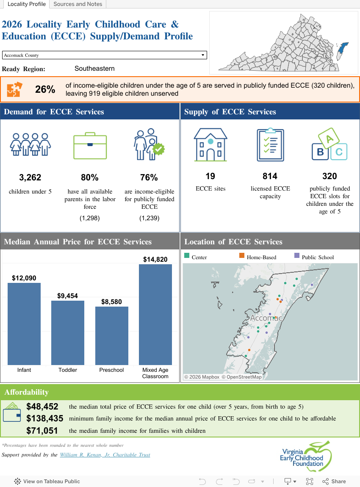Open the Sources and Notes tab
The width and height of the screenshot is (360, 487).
78,4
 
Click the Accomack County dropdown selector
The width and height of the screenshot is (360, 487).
105,55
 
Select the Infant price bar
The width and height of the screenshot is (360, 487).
24,324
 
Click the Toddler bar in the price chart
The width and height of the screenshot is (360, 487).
68,333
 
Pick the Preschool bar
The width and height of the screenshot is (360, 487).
111,336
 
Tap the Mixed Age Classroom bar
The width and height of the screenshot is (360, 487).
155,315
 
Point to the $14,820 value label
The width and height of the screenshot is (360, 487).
155,260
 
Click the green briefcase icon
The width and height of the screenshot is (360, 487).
90,146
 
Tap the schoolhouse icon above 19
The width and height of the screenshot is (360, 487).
210,145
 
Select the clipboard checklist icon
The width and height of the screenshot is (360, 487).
270,145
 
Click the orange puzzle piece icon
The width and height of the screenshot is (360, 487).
14,89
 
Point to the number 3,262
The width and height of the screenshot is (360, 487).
30,177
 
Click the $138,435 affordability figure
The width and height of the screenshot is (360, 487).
44,418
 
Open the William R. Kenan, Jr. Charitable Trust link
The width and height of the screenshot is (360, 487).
105,455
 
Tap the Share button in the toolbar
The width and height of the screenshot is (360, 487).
334,481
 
